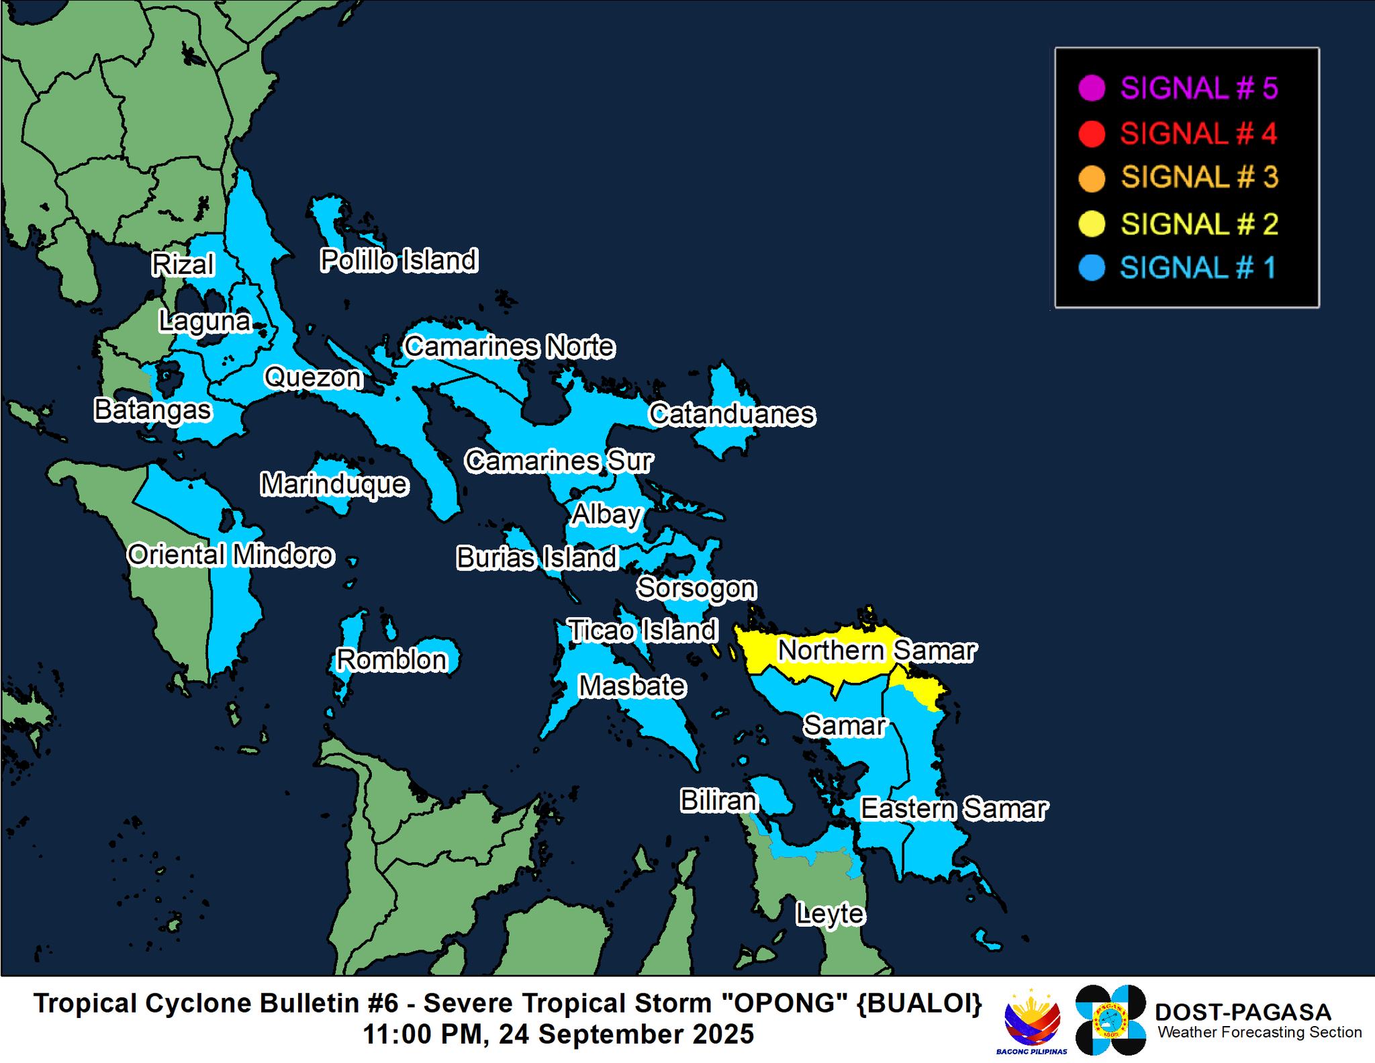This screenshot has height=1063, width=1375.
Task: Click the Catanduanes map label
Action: click(732, 414)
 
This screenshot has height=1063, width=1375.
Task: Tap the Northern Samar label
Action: click(877, 651)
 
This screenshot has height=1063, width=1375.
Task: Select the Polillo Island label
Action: click(399, 261)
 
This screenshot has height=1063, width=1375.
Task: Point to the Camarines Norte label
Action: click(509, 347)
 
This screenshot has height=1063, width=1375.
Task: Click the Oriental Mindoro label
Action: click(230, 555)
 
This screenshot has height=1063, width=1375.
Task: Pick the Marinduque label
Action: click(334, 484)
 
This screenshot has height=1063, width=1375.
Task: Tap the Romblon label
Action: click(391, 660)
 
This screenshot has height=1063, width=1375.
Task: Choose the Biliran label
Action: click(718, 800)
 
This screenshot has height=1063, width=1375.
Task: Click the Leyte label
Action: click(830, 913)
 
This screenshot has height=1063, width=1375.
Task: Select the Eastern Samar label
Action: click(953, 809)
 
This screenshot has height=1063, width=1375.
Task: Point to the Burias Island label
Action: click(536, 558)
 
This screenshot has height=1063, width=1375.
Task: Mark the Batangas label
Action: click(152, 410)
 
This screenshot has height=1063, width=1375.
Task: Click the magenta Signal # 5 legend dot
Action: click(1092, 89)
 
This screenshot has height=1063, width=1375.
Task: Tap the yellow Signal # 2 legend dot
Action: click(1092, 224)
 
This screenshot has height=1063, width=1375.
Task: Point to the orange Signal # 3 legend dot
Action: click(1092, 179)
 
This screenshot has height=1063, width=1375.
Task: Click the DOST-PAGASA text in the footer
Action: click(1243, 1012)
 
